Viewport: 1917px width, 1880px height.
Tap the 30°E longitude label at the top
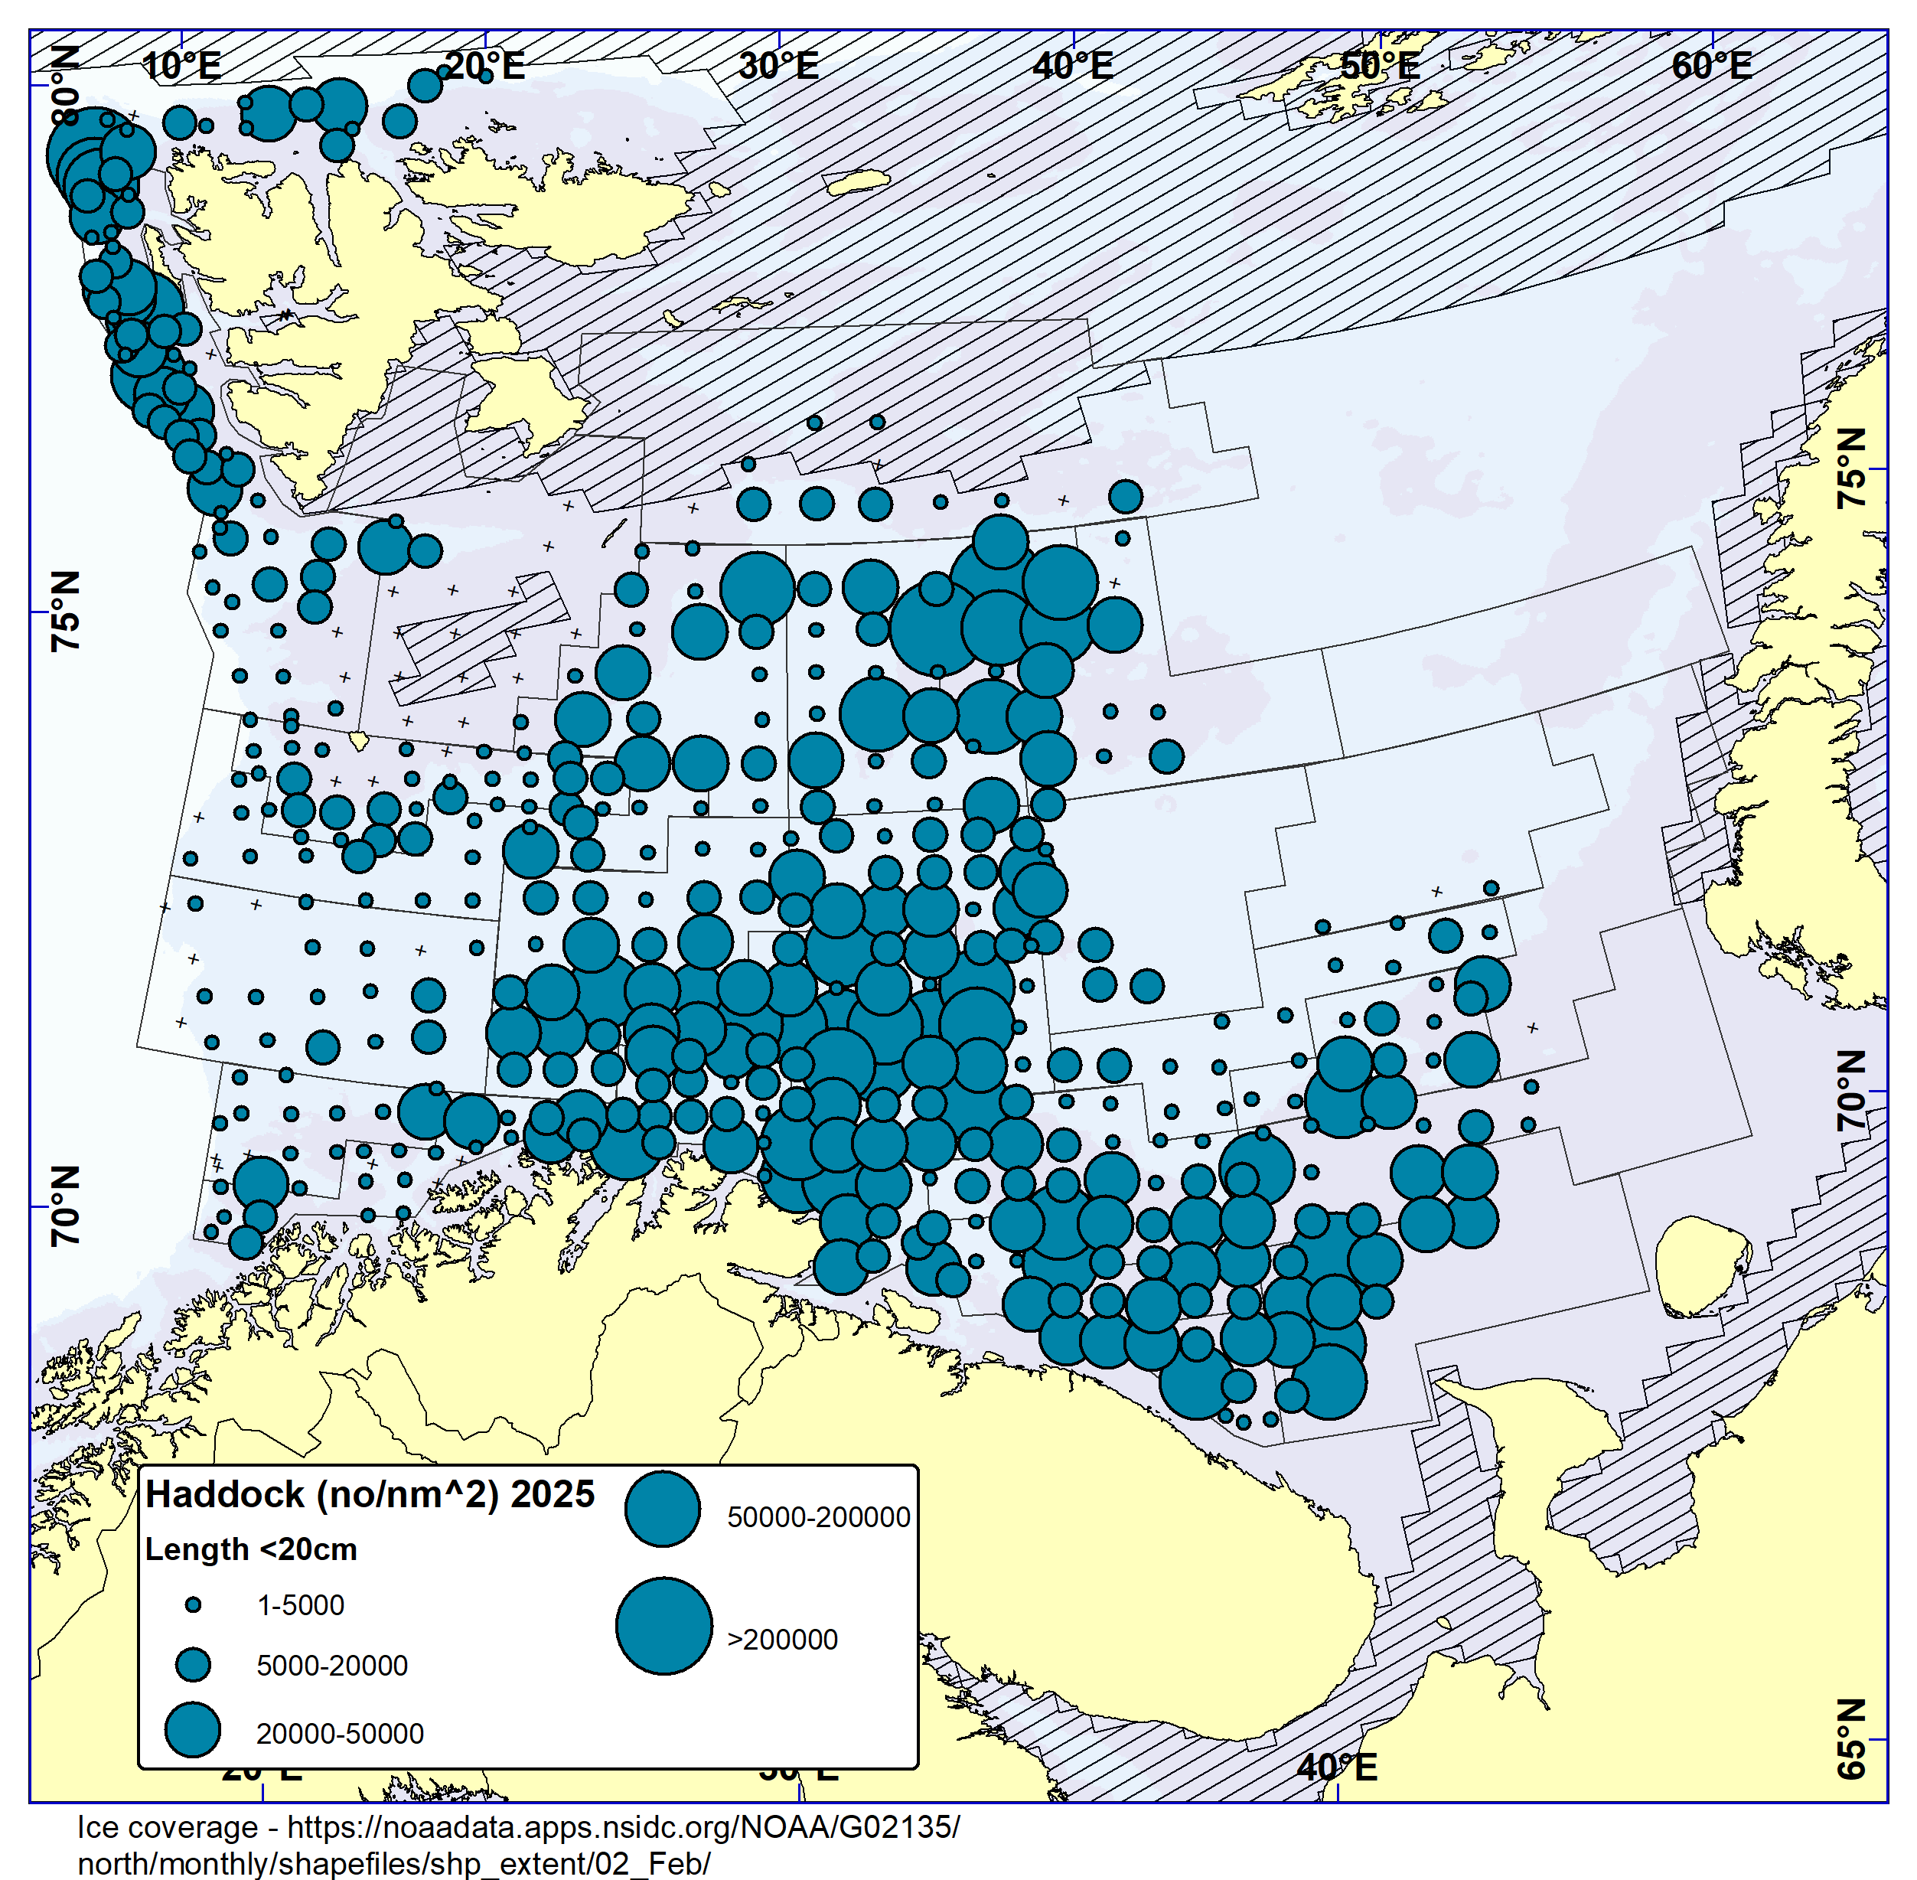click(x=779, y=66)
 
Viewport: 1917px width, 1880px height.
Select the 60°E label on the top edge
click(x=1712, y=66)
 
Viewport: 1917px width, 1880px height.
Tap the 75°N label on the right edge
click(x=1852, y=469)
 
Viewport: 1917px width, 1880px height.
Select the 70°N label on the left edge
click(x=65, y=1206)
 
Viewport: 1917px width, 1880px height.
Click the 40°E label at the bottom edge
click(x=1337, y=1767)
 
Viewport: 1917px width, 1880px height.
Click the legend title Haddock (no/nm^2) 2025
click(x=370, y=1494)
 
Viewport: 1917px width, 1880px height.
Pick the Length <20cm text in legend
click(x=251, y=1549)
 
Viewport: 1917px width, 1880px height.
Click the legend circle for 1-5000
click(x=194, y=1604)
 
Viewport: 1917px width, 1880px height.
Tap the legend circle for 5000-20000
click(x=194, y=1665)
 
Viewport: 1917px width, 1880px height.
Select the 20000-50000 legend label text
click(x=340, y=1734)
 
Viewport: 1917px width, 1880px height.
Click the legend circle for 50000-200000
click(x=663, y=1509)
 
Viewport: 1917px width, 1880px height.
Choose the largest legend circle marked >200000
click(x=663, y=1626)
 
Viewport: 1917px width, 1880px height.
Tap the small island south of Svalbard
click(x=360, y=739)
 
